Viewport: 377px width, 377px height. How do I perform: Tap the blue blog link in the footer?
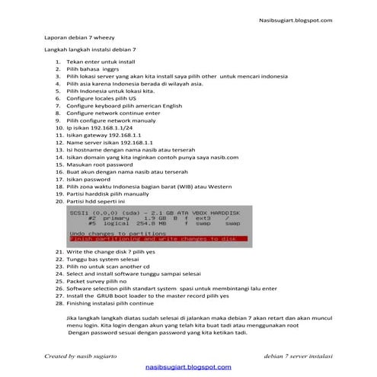[x=189, y=366]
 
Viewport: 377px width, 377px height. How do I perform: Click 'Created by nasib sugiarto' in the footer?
[x=81, y=356]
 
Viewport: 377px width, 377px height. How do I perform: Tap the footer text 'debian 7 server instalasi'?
[x=298, y=356]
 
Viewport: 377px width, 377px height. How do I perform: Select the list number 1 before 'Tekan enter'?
[x=59, y=60]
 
